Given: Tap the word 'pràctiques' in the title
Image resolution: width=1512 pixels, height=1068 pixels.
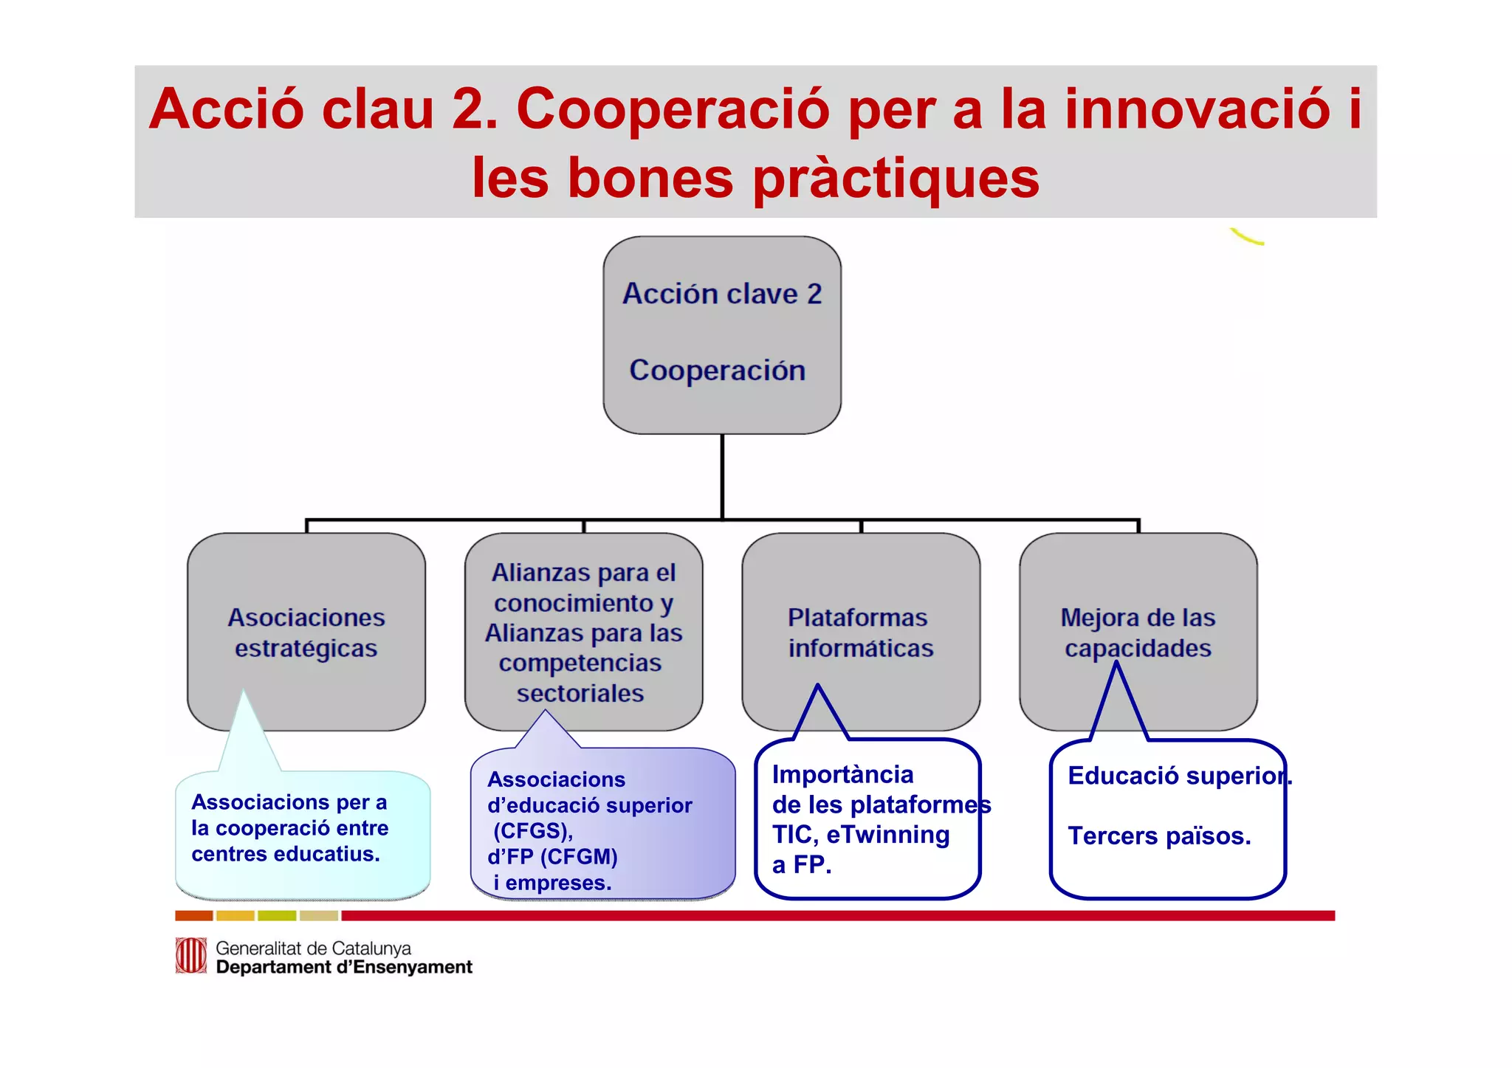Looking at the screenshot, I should click(x=896, y=179).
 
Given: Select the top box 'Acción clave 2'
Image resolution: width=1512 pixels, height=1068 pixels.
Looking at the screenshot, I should click(x=721, y=294).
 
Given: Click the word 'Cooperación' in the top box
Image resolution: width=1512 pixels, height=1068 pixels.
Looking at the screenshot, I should click(x=717, y=371).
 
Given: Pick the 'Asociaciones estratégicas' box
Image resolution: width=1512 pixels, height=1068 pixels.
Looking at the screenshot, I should click(x=306, y=632).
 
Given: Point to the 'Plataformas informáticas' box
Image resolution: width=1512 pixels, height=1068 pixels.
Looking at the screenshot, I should click(x=861, y=632).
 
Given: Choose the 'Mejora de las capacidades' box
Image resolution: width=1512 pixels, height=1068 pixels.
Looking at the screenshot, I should click(x=1138, y=632).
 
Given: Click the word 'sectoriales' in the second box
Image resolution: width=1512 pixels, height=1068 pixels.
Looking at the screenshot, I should click(x=580, y=694).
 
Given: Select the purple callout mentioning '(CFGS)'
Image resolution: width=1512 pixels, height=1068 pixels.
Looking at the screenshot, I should click(x=602, y=827).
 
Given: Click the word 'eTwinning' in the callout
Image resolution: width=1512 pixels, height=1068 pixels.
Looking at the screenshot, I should click(x=888, y=835).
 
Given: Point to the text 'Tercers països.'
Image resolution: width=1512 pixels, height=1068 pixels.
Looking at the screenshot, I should click(x=1159, y=836).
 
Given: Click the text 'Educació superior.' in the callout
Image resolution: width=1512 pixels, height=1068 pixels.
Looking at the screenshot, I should click(x=1179, y=776).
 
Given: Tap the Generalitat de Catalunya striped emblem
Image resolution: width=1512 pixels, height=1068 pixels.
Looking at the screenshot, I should click(x=190, y=956).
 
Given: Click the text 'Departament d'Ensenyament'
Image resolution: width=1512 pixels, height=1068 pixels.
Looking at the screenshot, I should click(x=344, y=968).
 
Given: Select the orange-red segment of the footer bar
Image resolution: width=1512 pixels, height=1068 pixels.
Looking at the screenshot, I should click(x=193, y=916).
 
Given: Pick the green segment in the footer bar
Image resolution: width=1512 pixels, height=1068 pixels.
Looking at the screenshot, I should click(x=277, y=916).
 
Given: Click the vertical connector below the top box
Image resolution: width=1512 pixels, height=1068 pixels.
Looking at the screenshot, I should click(x=722, y=476).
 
